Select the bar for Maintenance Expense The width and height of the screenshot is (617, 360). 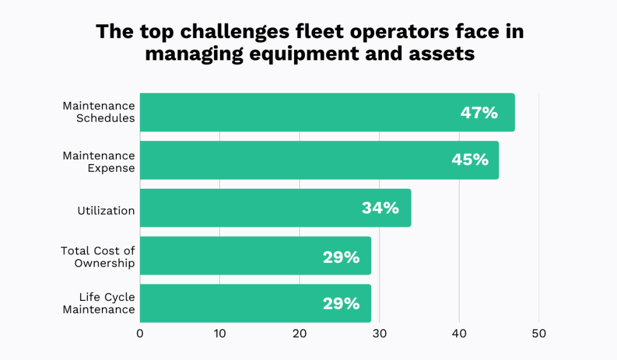tap(319, 160)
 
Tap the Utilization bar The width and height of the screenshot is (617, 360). tap(275, 208)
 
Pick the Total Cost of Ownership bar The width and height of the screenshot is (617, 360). tap(255, 256)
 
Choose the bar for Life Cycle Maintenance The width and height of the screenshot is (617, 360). tap(255, 303)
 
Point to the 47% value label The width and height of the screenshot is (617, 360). tap(479, 112)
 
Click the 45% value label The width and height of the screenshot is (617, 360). tap(469, 160)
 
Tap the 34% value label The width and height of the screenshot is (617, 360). tap(380, 208)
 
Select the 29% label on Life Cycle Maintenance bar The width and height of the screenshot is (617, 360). tap(341, 303)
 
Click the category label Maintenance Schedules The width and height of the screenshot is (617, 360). tap(99, 112)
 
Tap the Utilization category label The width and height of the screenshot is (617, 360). tap(106, 210)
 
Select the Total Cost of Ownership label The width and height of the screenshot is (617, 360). tap(98, 257)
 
